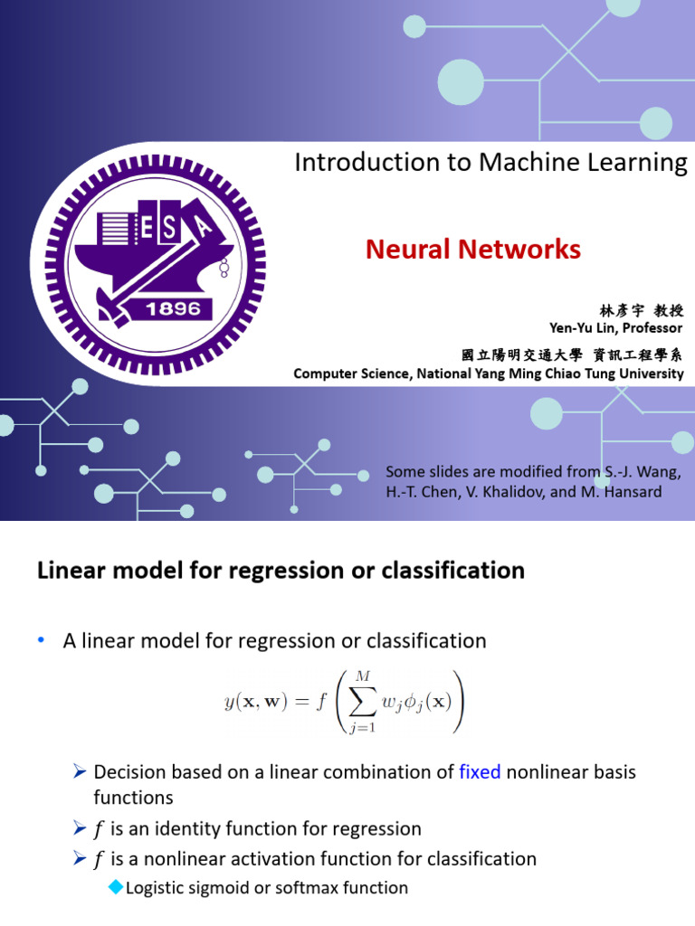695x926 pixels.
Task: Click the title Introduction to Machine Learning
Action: tap(490, 163)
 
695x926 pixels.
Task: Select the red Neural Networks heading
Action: tap(472, 250)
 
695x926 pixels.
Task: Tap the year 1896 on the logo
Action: tap(175, 309)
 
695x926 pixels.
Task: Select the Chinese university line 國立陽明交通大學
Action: tap(520, 355)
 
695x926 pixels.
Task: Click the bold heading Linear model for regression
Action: tap(281, 571)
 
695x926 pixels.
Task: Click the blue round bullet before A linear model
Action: tap(41, 640)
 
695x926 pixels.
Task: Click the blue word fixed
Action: tap(480, 772)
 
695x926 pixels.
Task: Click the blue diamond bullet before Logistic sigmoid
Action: tap(114, 887)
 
